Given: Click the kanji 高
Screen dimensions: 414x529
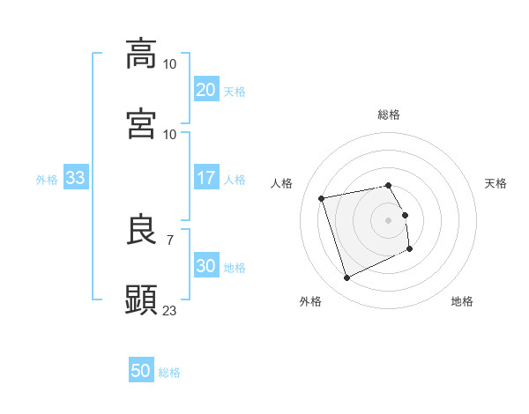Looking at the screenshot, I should click(x=142, y=53).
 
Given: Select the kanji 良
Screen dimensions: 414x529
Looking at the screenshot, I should click(x=142, y=229).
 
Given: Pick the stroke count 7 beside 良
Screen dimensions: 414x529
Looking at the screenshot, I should click(x=170, y=240).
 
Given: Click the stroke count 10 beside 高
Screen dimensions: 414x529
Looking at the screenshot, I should click(x=170, y=64).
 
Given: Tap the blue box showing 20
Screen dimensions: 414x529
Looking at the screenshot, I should click(x=205, y=90).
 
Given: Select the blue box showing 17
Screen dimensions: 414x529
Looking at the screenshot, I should click(x=205, y=179).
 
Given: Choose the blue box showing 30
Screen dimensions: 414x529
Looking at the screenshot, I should click(x=205, y=267).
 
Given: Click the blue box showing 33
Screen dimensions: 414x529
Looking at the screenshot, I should click(x=75, y=179).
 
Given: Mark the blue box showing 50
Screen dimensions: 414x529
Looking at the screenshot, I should click(x=141, y=371).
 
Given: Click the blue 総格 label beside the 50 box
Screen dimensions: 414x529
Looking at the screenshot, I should click(x=169, y=373).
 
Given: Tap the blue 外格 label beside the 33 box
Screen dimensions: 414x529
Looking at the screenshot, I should click(x=47, y=180).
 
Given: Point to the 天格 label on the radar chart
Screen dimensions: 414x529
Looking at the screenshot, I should click(x=496, y=183).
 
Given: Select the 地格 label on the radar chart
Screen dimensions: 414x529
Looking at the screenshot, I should click(x=462, y=301).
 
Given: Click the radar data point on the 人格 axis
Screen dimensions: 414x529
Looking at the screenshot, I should click(x=322, y=197).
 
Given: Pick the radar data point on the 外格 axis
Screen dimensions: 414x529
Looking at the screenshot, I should click(x=346, y=278).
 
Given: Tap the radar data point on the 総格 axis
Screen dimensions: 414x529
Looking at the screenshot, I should click(x=388, y=185).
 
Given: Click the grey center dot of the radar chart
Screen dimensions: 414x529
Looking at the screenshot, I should click(x=388, y=220).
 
